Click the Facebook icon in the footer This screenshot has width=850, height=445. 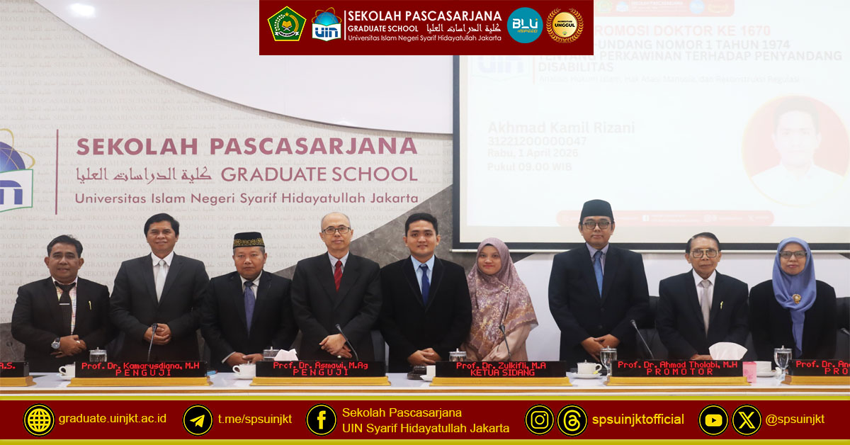(x=321, y=419)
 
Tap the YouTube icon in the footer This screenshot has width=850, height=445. (x=713, y=419)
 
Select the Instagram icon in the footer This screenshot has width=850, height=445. (x=539, y=419)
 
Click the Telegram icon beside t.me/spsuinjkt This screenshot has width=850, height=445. (x=198, y=419)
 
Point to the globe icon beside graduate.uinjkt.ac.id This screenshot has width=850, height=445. (x=39, y=419)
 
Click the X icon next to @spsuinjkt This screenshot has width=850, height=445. (x=746, y=419)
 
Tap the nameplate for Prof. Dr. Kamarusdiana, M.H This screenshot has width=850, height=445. (x=142, y=368)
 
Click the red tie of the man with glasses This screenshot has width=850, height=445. (x=338, y=275)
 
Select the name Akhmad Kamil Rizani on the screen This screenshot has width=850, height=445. (x=561, y=128)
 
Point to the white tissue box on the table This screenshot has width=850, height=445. (x=727, y=351)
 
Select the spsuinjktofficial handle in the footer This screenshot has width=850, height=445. (x=638, y=419)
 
